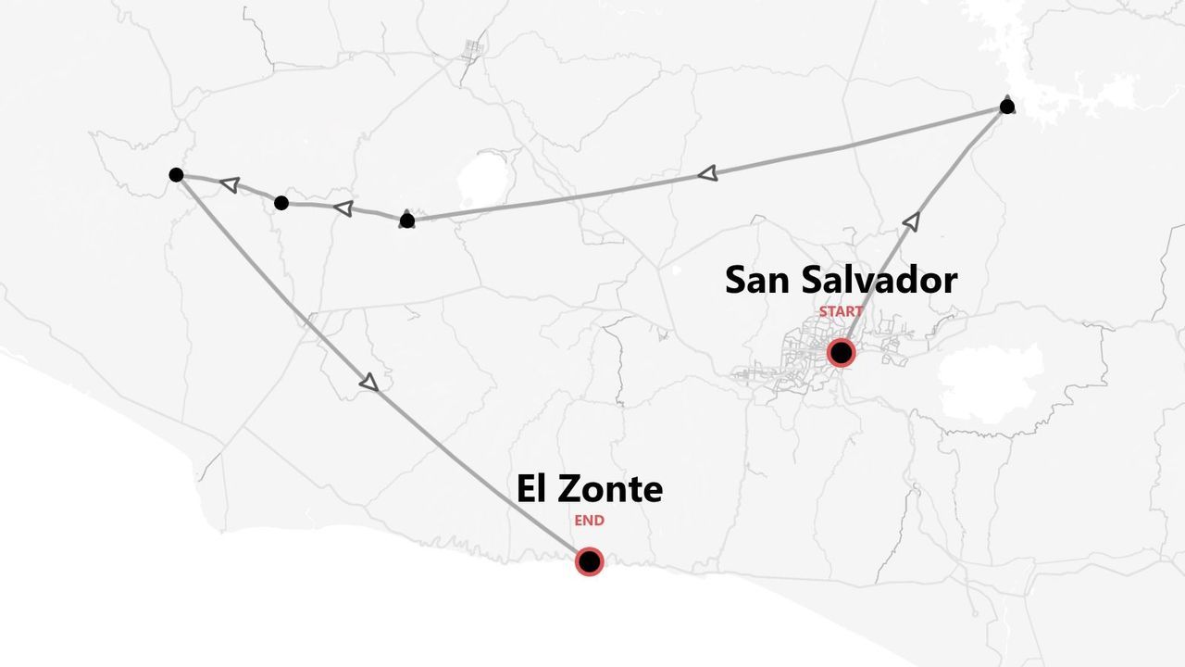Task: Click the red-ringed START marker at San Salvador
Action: (841, 352)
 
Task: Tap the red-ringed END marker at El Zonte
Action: (589, 561)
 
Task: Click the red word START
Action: (841, 312)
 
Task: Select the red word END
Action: (589, 521)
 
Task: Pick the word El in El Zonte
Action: (531, 488)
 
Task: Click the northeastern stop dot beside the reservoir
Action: (1007, 107)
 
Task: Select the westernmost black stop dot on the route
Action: (176, 174)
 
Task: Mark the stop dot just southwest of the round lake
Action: (406, 220)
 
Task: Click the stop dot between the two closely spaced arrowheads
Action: (281, 203)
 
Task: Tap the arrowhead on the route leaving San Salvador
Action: (911, 220)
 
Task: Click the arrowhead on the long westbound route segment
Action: (707, 173)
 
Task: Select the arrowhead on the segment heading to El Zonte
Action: (369, 382)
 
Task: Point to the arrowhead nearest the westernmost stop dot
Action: (229, 184)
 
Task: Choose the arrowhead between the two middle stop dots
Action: (343, 208)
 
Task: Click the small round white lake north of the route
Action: (483, 180)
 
